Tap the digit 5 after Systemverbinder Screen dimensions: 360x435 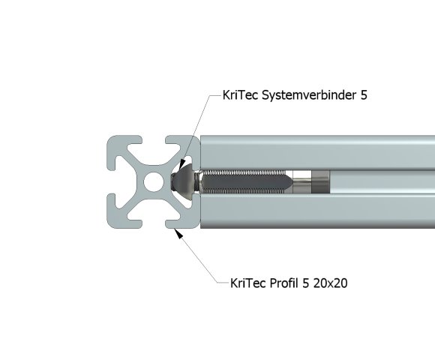coord(364,96)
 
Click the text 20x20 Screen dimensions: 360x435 coord(329,283)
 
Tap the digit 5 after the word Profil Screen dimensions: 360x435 coord(304,283)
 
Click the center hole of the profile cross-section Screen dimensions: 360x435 coord(153,181)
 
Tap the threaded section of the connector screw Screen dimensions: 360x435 coord(240,181)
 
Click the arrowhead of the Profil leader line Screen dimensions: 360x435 coord(178,233)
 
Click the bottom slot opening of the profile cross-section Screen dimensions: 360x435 coord(153,220)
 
